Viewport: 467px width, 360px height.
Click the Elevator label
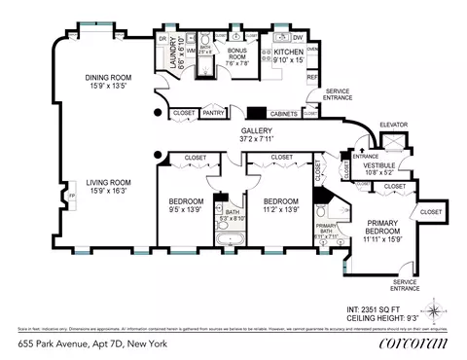point(392,125)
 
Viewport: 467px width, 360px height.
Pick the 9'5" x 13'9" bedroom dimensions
point(184,208)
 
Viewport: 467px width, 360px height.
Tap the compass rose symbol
point(434,312)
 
